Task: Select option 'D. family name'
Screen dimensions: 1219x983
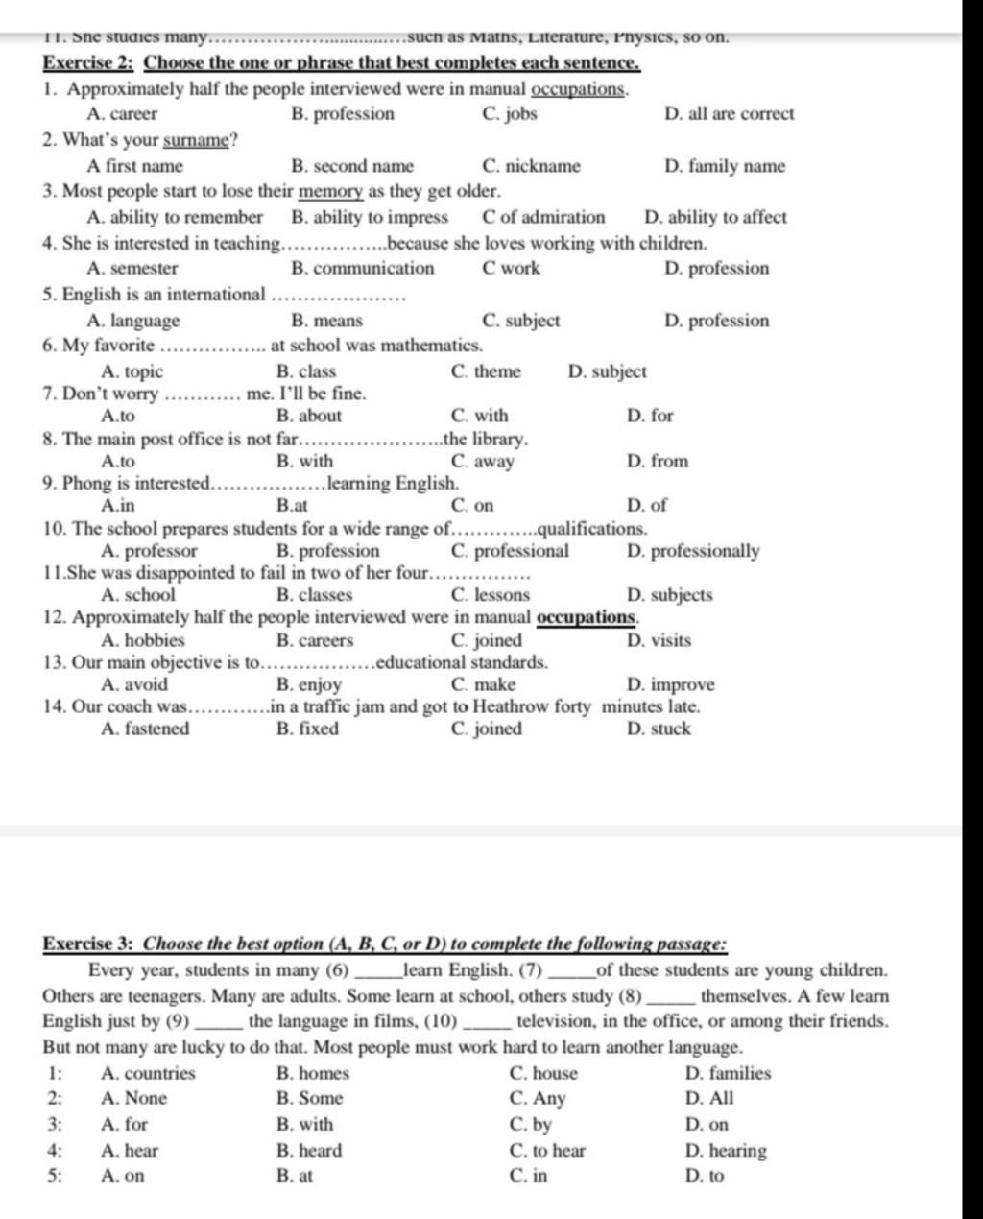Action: tap(724, 166)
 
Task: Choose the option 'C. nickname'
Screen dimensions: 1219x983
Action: tap(531, 166)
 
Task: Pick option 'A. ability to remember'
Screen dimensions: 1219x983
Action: tap(174, 217)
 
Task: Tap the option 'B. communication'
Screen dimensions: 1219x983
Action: tap(362, 269)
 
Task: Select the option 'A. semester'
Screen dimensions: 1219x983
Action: tap(132, 269)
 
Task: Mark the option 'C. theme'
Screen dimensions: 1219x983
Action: tap(485, 371)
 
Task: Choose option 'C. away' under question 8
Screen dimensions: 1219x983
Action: tap(482, 462)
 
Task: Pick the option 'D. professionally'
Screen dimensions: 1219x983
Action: tap(692, 551)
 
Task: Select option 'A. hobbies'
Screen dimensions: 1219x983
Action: tap(142, 640)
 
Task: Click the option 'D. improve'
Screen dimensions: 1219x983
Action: tap(670, 684)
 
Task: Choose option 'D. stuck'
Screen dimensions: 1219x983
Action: tap(658, 729)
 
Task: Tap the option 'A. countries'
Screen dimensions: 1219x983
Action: tap(147, 1073)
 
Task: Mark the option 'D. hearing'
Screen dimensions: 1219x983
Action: tap(726, 1150)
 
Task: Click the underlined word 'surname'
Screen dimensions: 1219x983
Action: tap(196, 141)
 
